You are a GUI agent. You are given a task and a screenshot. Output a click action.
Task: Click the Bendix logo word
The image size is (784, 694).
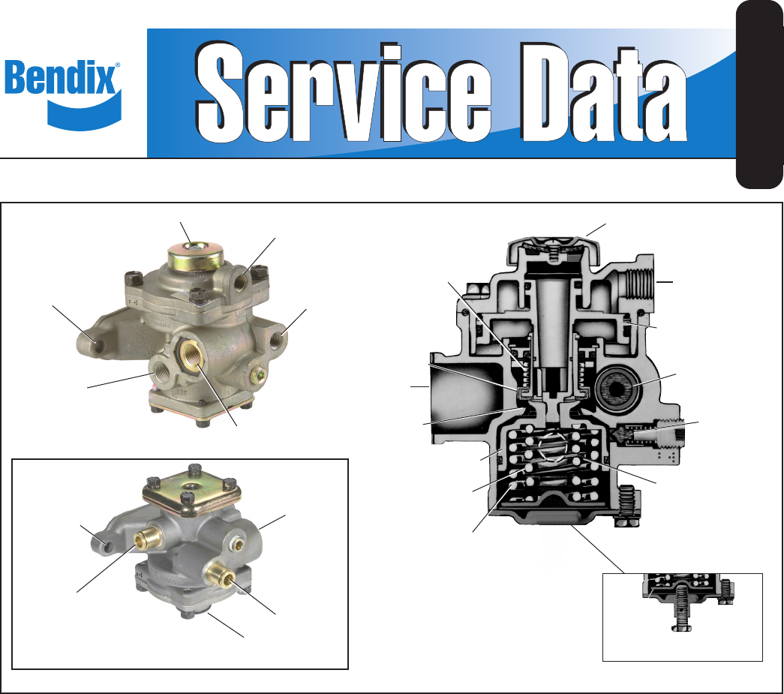pos(60,77)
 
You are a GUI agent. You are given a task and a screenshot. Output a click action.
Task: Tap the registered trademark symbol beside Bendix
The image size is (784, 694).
pos(118,65)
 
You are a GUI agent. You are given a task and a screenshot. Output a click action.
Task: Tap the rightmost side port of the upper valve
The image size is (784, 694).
pos(277,340)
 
